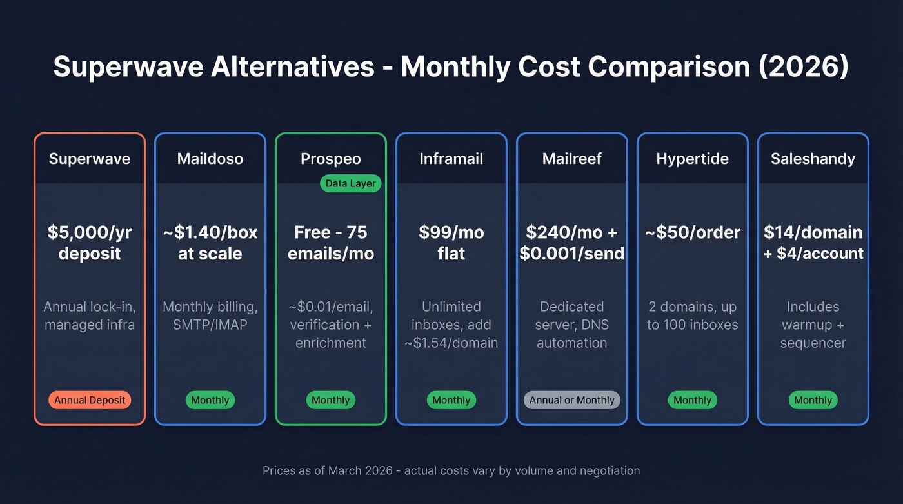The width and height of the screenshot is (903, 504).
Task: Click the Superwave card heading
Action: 90,159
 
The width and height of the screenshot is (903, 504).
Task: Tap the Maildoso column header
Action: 210,159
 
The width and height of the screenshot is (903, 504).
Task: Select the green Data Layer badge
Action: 350,183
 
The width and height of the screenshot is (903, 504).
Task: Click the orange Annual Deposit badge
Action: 90,400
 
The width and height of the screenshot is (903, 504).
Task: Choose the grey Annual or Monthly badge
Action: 571,400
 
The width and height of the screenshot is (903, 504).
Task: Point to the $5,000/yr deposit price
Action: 90,243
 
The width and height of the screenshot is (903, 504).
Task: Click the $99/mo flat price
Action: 451,243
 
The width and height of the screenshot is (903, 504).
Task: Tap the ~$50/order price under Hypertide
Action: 692,232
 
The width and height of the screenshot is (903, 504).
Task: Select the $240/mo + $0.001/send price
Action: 571,243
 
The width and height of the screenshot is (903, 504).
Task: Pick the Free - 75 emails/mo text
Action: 331,243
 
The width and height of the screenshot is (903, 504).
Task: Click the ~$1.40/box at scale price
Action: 210,243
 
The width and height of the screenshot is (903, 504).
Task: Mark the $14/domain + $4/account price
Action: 813,243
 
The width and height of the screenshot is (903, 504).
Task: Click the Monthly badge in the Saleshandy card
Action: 813,400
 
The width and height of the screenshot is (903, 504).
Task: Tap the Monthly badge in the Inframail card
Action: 451,400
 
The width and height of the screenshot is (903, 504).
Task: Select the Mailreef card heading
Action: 571,159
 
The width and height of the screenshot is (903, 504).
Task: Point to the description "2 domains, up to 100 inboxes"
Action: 692,316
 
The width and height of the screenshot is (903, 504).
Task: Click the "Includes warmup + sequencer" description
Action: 813,325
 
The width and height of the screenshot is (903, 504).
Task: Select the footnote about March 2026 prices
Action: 451,470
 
